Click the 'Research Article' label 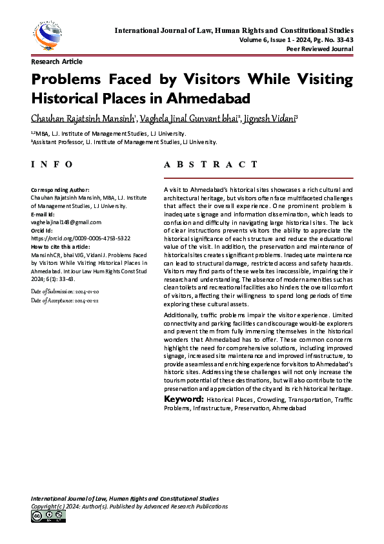click(57, 62)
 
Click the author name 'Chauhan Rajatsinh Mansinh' click(81, 118)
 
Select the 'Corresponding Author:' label click(60, 190)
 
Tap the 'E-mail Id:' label click(43, 213)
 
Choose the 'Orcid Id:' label click(43, 230)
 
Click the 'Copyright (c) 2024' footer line click(129, 507)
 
